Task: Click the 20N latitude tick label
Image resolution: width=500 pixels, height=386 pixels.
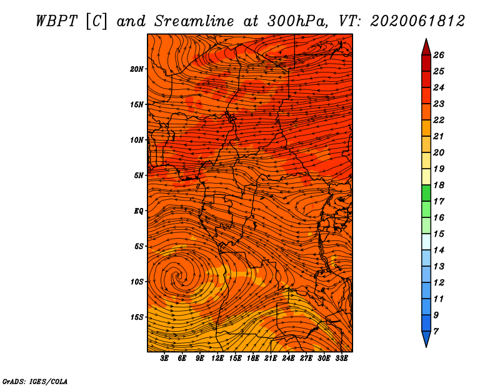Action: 137,69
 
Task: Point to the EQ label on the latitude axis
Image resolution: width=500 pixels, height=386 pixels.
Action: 139,211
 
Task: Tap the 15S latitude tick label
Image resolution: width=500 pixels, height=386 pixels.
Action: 137,317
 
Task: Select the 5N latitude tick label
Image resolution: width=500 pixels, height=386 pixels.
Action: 139,176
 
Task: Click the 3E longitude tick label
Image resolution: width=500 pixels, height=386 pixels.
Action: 164,359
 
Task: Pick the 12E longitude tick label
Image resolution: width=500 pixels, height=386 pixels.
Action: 217,359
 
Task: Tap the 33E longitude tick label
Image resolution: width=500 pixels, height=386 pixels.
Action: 341,359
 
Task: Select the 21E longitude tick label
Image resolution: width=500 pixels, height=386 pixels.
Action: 271,359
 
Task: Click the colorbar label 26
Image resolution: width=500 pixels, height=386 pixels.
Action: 439,55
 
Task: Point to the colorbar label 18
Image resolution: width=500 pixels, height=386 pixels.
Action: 439,185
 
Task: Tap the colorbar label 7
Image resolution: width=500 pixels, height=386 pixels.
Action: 436,332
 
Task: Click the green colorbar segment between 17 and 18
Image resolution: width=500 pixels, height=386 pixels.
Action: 426,193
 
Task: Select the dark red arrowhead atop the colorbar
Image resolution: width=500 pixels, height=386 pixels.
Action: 426,47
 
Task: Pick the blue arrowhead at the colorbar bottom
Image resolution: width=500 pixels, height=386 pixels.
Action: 426,339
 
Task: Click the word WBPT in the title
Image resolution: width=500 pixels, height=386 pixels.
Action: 57,21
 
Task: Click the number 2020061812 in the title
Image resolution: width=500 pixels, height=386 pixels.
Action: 417,21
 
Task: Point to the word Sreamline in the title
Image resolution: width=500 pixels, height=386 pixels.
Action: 194,21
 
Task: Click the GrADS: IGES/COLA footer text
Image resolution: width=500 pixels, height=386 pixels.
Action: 35,382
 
